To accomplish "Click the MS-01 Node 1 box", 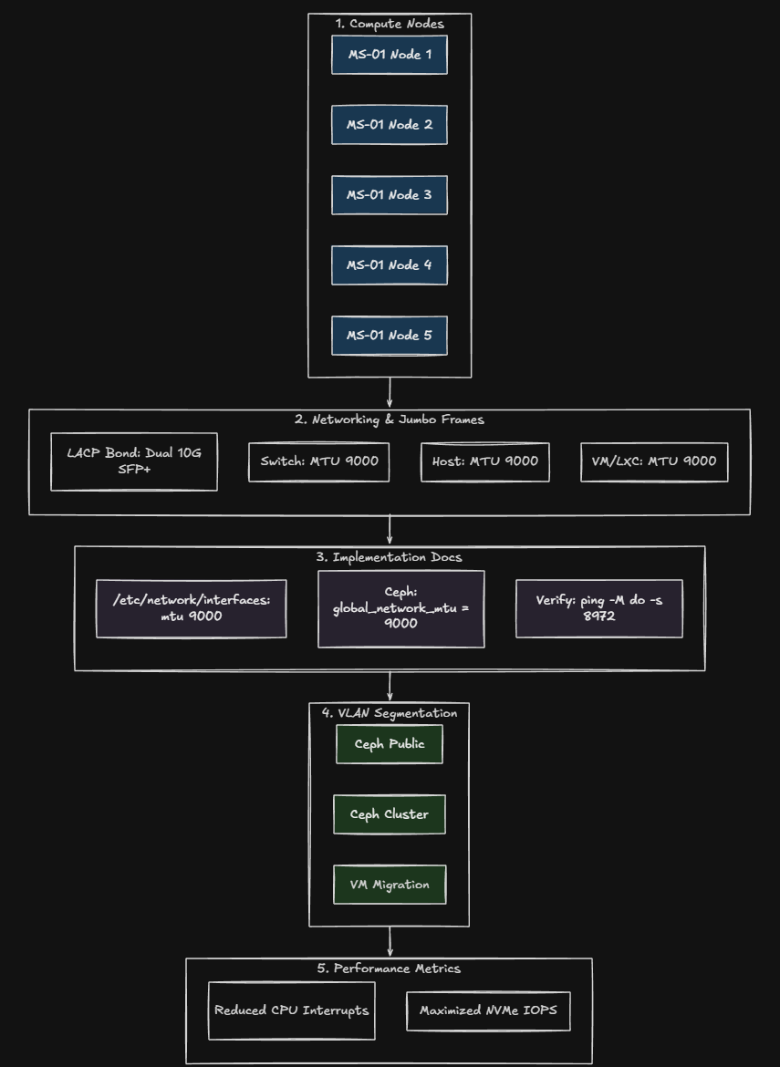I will tap(390, 55).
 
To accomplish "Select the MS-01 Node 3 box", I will tap(390, 195).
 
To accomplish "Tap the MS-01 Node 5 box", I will tap(390, 336).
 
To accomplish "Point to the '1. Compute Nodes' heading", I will tap(390, 24).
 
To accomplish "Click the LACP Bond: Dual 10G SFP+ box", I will tap(134, 461).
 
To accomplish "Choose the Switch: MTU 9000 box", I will tap(319, 461).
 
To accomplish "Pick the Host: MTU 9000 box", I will tap(485, 461).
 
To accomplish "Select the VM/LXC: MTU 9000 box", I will tap(654, 461).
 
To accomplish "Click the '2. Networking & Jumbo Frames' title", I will tap(390, 420).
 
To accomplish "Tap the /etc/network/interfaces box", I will tap(192, 608).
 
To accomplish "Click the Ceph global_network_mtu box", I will tap(401, 608).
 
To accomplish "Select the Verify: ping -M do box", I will tap(599, 608).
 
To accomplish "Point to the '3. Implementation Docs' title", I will tap(390, 557).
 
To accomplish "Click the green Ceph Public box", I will tap(390, 744).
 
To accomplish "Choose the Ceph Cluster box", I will tap(390, 814).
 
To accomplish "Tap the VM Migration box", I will tap(390, 885).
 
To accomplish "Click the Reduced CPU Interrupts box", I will tap(292, 1010).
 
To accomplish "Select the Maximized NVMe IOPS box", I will tap(488, 1010).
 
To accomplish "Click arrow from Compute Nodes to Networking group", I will tap(390, 393).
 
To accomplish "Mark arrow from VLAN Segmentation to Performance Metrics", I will tap(390, 942).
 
